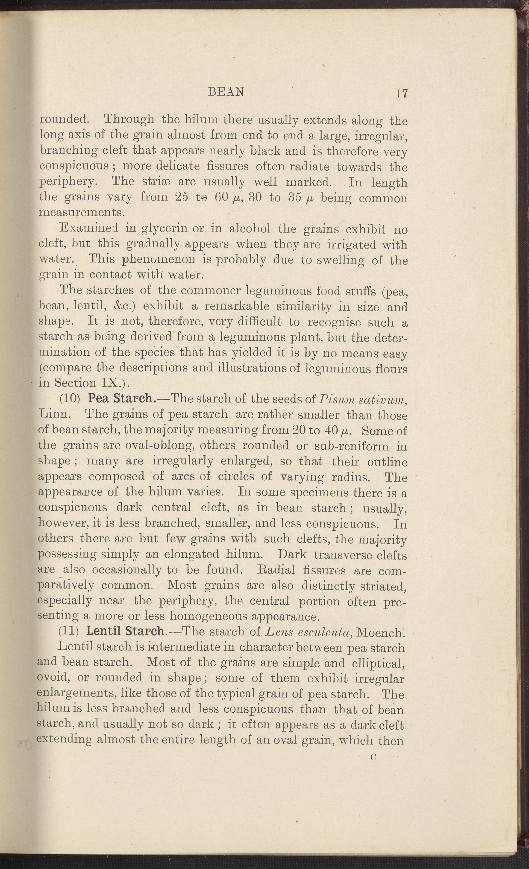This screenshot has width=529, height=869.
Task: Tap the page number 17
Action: click(402, 94)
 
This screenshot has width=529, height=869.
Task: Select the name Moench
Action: click(380, 632)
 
